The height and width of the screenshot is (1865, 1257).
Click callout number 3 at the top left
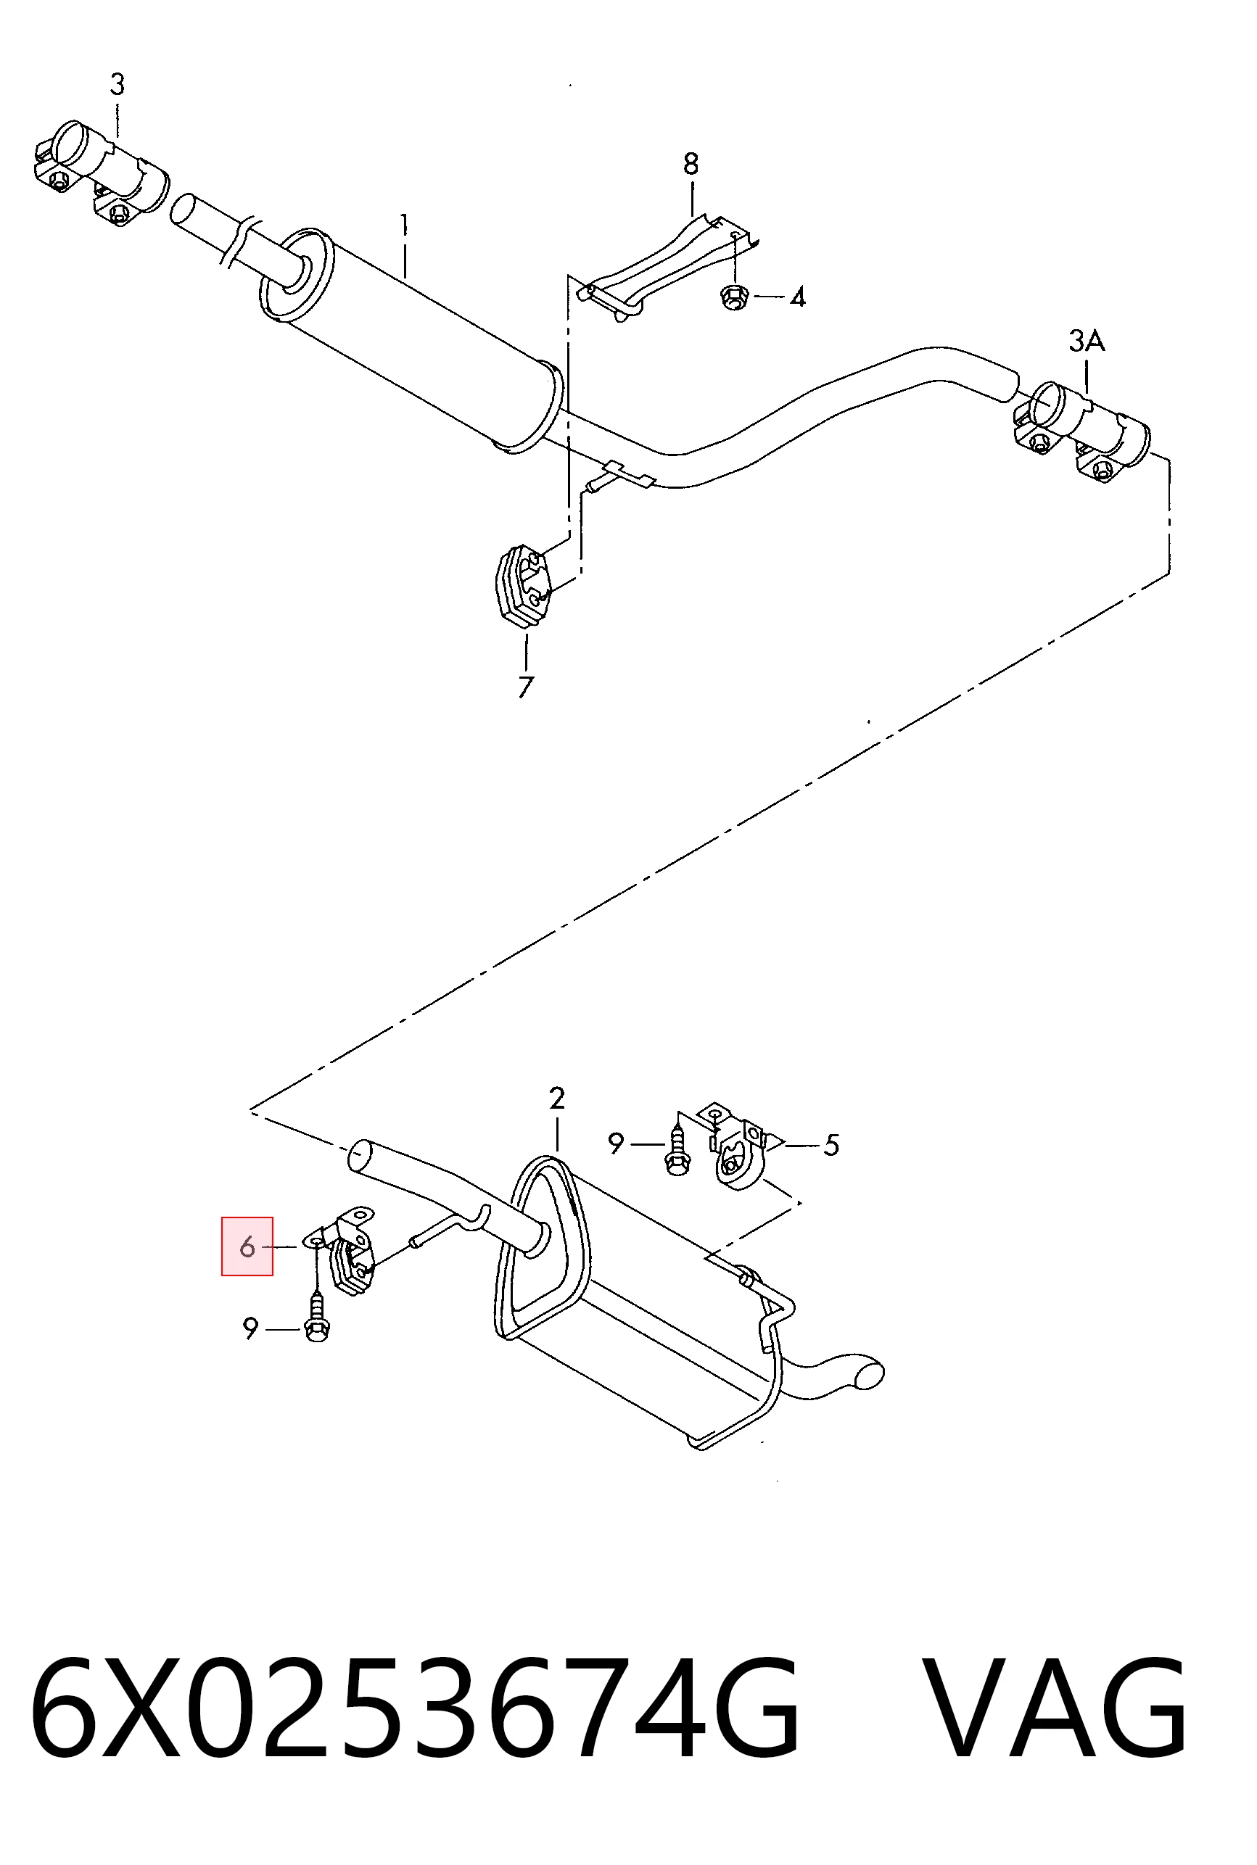pyautogui.click(x=117, y=83)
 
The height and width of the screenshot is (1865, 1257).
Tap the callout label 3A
pyautogui.click(x=1087, y=342)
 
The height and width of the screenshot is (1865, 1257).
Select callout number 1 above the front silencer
pyautogui.click(x=405, y=224)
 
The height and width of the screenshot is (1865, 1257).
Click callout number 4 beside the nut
pyautogui.click(x=797, y=297)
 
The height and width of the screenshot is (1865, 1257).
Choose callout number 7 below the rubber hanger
pyautogui.click(x=526, y=687)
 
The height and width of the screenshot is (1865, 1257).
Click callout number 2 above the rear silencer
pyautogui.click(x=557, y=1097)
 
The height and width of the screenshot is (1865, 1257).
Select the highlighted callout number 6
pyautogui.click(x=247, y=1246)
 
